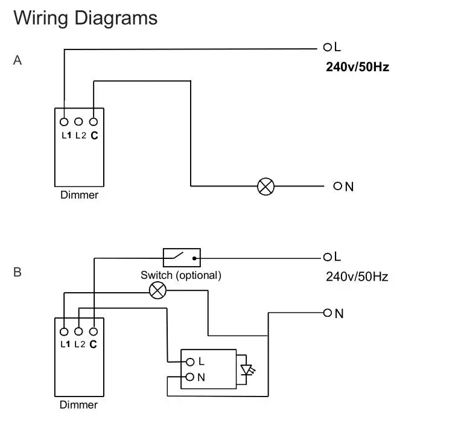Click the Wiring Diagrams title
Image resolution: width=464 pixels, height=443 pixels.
[85, 18]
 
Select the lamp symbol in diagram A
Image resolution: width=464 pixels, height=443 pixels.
[265, 186]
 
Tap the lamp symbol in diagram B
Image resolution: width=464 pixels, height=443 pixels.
[157, 291]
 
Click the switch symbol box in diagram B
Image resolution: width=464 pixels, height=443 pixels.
[182, 258]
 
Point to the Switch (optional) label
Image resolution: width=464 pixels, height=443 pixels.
[181, 275]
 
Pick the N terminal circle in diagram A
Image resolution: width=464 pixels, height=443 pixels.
[337, 186]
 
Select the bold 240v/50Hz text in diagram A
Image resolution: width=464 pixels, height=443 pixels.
[357, 67]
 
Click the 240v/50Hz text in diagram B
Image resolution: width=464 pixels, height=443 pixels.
[357, 277]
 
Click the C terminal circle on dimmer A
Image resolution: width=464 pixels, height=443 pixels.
[94, 121]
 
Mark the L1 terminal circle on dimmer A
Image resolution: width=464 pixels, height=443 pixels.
[64, 121]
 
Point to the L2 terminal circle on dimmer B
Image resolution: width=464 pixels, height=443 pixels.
[78, 331]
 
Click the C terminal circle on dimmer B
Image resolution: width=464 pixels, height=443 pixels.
[94, 331]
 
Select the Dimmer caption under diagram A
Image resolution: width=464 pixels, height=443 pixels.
[79, 195]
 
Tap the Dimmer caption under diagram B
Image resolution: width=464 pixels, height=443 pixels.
[78, 404]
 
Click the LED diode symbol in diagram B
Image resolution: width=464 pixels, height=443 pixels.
[246, 369]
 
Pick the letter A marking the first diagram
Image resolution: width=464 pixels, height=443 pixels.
[17, 60]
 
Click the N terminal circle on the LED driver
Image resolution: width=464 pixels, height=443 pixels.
[190, 377]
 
